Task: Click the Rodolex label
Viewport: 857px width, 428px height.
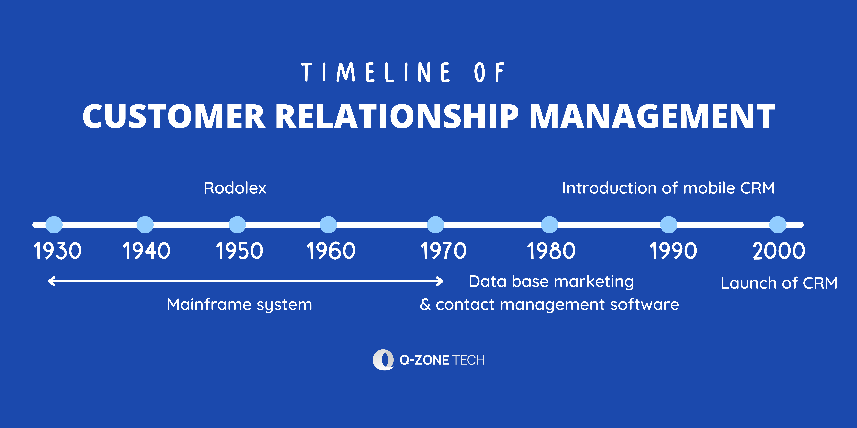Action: (x=235, y=188)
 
